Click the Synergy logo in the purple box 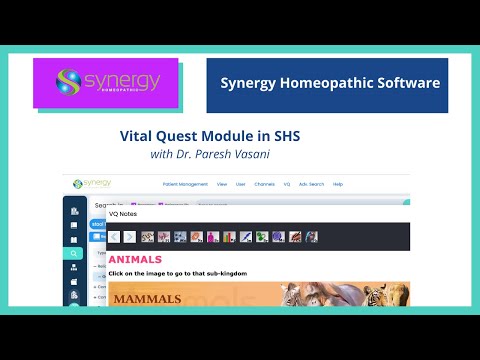click(105, 83)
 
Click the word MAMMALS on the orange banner click(145, 297)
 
